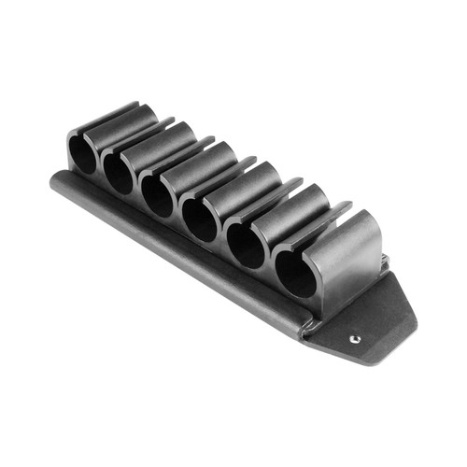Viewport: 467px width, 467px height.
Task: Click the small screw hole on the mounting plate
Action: click(354, 339)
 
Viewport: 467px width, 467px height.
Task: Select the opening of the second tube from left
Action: click(118, 172)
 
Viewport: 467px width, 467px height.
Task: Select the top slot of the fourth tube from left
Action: click(244, 172)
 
